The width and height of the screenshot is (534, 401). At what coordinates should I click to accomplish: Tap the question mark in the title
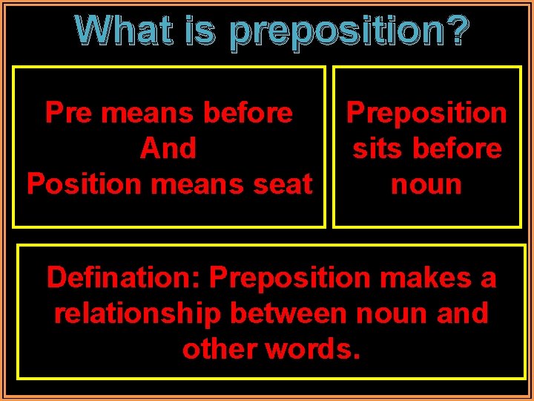tap(458, 31)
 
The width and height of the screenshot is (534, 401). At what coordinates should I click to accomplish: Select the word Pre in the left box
tap(69, 113)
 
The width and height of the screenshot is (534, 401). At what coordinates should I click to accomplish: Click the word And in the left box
tap(168, 149)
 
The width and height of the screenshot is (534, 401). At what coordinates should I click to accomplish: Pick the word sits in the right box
tap(375, 149)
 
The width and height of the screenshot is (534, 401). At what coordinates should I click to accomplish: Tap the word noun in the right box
tap(426, 183)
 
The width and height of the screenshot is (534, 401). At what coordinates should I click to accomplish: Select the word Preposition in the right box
tap(426, 113)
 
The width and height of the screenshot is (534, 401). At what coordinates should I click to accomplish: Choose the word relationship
tap(137, 313)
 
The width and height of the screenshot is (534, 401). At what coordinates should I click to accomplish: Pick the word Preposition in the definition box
tap(289, 278)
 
